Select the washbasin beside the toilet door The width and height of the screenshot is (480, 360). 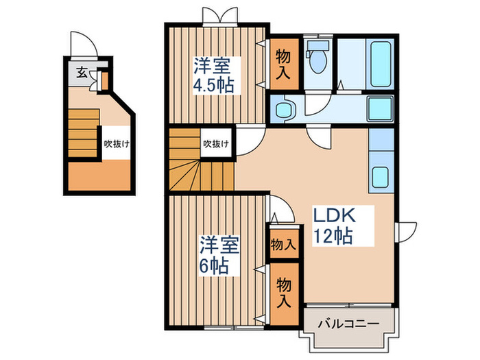[x=283, y=108]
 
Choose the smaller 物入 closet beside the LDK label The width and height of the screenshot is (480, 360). [x=283, y=243]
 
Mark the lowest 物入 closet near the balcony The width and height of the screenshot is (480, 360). [x=283, y=291]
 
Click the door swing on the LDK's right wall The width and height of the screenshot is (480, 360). [x=407, y=231]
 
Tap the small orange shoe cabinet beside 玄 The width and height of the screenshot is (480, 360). [x=104, y=81]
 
